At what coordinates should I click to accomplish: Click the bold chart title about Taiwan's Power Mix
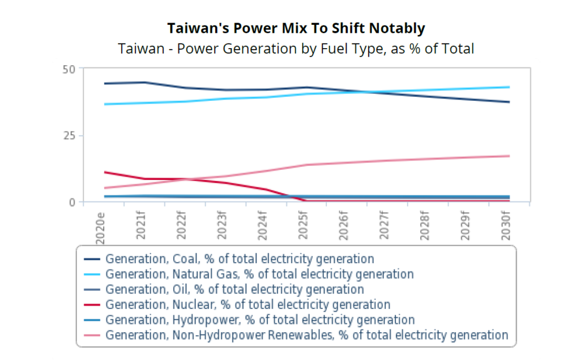(x=296, y=28)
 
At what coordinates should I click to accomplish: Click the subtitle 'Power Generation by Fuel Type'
(x=296, y=49)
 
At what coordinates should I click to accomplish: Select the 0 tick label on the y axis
(x=72, y=202)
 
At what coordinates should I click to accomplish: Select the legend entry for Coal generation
(x=240, y=259)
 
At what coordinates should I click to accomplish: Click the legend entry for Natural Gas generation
(x=259, y=275)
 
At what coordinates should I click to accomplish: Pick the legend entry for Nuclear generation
(x=248, y=305)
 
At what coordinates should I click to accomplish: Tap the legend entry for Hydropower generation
(x=260, y=320)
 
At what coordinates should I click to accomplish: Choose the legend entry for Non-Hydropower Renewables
(x=306, y=335)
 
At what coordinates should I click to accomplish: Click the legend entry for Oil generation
(x=234, y=290)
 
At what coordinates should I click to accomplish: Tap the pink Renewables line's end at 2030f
(x=509, y=156)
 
